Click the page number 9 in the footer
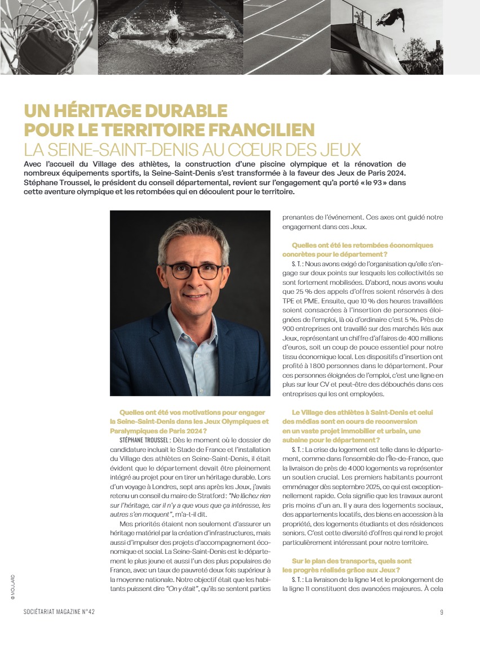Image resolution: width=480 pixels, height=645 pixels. (x=442, y=612)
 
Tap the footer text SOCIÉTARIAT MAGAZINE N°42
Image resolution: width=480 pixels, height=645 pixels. (x=63, y=612)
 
